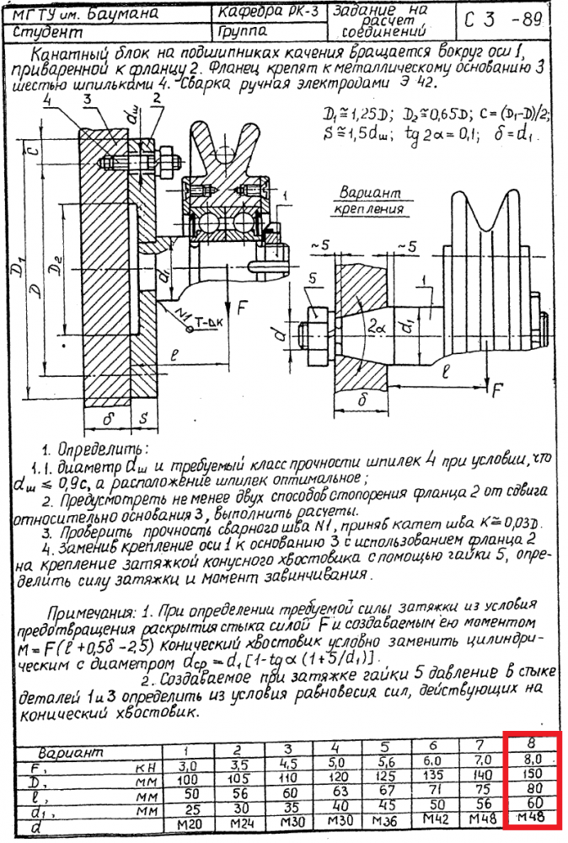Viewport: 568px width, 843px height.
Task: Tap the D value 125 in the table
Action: [x=385, y=781]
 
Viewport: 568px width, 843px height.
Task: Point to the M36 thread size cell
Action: [x=385, y=824]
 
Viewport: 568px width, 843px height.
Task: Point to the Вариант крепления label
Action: [x=371, y=199]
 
